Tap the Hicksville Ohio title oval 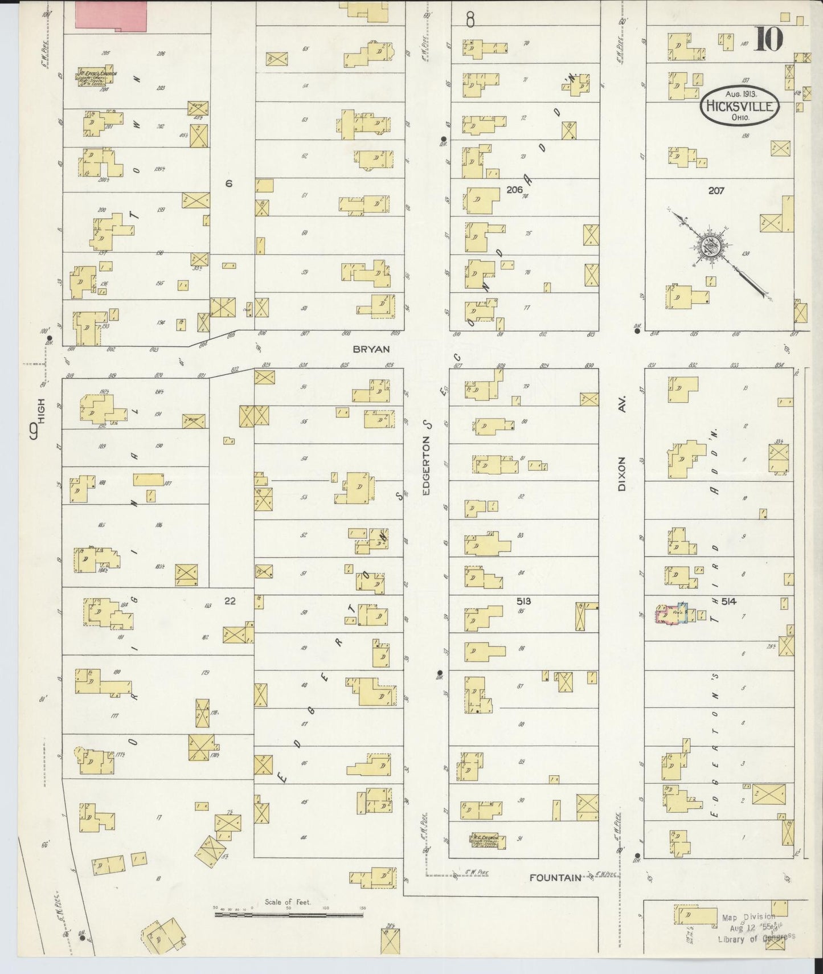pos(739,106)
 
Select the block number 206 pos(514,190)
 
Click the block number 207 pos(716,191)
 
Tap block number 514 pos(728,601)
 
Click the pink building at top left pos(112,14)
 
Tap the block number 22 pos(230,600)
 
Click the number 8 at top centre pos(470,21)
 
